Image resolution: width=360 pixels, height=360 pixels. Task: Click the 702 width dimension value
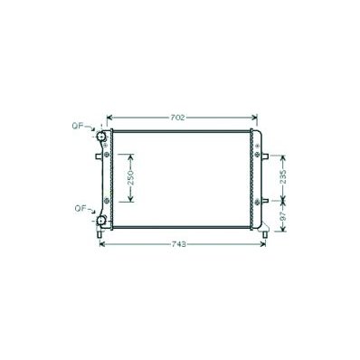tap(177, 118)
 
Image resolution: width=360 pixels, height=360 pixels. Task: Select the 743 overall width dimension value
tap(179, 244)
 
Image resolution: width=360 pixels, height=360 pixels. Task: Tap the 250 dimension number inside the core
tap(130, 178)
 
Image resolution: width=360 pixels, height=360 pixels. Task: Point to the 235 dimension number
tap(283, 177)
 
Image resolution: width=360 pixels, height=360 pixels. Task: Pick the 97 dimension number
tap(283, 216)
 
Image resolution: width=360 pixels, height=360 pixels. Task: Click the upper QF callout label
tap(77, 126)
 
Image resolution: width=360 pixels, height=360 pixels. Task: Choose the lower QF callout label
tap(81, 208)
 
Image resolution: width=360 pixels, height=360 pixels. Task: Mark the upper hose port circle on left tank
tap(100, 137)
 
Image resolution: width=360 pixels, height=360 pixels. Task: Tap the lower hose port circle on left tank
tap(100, 222)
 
